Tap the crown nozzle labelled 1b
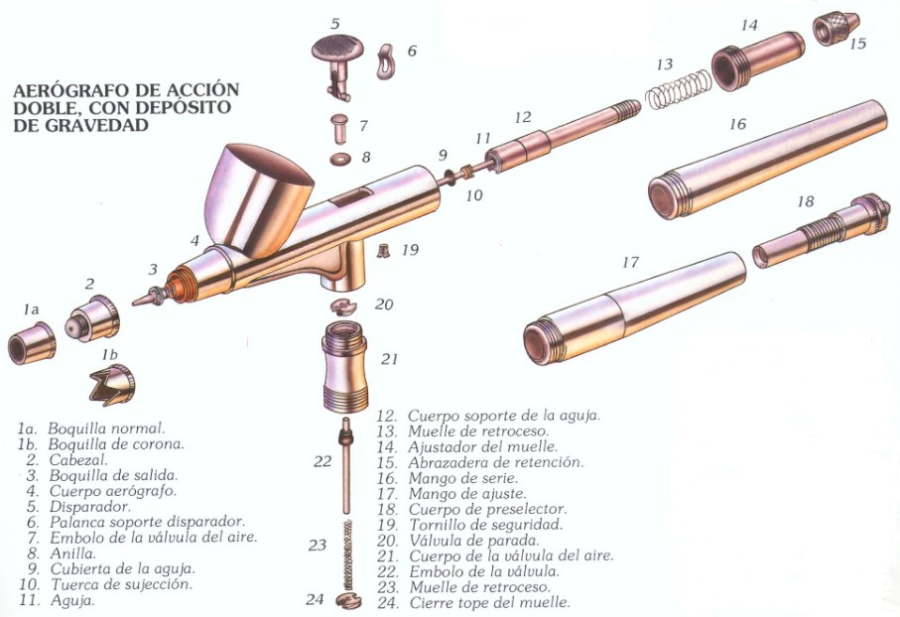(112, 385)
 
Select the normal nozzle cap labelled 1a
(32, 342)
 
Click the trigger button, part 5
(337, 63)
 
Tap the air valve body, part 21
(343, 367)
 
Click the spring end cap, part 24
(349, 600)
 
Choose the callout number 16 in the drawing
(737, 123)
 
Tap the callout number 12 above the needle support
(523, 117)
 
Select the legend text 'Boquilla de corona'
(116, 444)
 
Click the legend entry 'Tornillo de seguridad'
(485, 525)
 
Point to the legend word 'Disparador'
(90, 507)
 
